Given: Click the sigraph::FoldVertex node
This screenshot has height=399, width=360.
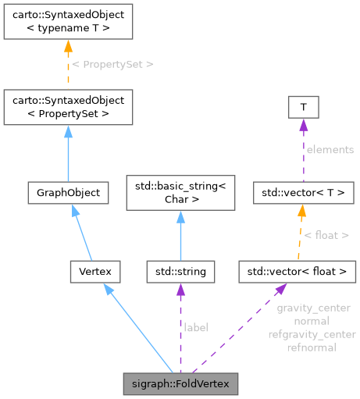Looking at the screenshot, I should pyautogui.click(x=180, y=384).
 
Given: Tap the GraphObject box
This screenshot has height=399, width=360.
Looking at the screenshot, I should pyautogui.click(x=68, y=192).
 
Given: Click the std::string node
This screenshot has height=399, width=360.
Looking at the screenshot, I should pyautogui.click(x=180, y=272).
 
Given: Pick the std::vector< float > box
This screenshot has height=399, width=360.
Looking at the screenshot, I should pyautogui.click(x=298, y=272).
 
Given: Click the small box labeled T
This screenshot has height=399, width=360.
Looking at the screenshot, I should pyautogui.click(x=302, y=107).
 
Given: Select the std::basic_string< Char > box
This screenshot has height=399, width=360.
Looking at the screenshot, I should pyautogui.click(x=180, y=192).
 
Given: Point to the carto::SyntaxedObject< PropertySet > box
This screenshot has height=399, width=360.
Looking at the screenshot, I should pyautogui.click(x=68, y=107).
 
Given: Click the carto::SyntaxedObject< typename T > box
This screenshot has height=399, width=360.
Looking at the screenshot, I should pyautogui.click(x=68, y=22).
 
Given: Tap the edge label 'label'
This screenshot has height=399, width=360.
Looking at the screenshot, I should pyautogui.click(x=195, y=328).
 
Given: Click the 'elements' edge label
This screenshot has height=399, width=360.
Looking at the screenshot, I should pyautogui.click(x=330, y=149).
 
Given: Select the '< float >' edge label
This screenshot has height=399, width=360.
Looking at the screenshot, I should pyautogui.click(x=326, y=234).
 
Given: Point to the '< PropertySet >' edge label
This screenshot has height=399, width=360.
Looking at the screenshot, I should pyautogui.click(x=112, y=64).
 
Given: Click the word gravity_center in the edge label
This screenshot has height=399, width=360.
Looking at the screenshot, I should pyautogui.click(x=312, y=308).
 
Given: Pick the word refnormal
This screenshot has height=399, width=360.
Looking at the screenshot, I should pyautogui.click(x=312, y=347).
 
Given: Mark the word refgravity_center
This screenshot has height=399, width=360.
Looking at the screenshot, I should pyautogui.click(x=312, y=334).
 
